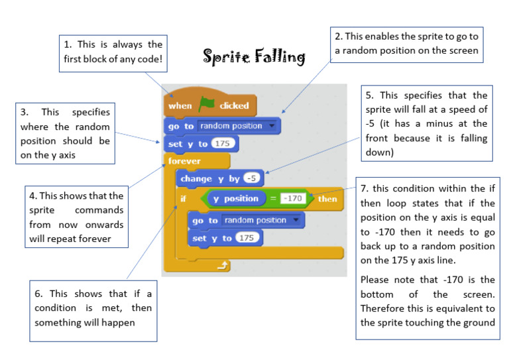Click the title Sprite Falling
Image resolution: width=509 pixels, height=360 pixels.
click(x=254, y=57)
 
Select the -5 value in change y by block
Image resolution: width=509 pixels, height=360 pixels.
click(x=251, y=178)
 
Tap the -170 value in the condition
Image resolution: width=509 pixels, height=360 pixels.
click(x=292, y=199)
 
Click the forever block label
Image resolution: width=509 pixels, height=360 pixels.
click(x=184, y=161)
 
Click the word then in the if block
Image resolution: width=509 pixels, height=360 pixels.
click(x=327, y=199)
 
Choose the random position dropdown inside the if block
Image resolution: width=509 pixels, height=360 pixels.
click(x=262, y=220)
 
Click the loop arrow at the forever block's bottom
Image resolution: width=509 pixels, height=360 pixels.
click(x=223, y=266)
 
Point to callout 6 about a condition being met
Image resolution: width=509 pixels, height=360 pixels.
click(x=92, y=307)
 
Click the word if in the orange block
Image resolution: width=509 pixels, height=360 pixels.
click(x=184, y=198)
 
